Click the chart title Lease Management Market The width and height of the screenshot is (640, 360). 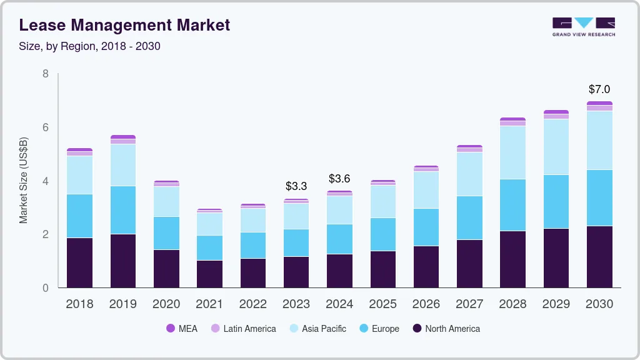pos(124,25)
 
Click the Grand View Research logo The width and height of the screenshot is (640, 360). pos(583,26)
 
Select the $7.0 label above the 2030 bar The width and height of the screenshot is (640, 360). pos(599,89)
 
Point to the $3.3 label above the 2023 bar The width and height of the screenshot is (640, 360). pos(296,186)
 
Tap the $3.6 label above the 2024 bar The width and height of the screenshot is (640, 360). pos(339,179)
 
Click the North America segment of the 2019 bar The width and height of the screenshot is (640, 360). pos(123,261)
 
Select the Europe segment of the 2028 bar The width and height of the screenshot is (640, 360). pos(512,205)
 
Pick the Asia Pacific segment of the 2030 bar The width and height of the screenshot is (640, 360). pos(599,140)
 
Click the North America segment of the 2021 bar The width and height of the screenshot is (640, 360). pos(209,274)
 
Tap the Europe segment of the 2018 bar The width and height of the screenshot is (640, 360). pos(79,216)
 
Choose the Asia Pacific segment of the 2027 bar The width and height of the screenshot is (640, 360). pos(469,174)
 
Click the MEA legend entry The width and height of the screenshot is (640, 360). pos(181,329)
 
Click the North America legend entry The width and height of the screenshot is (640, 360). pos(446,329)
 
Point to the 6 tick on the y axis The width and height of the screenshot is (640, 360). pos(45,127)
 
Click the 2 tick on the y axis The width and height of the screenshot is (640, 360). pos(45,234)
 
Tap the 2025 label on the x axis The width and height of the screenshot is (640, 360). pos(382,304)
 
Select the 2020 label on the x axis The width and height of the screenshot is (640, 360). pos(166,304)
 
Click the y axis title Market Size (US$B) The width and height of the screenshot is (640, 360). pos(24,181)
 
